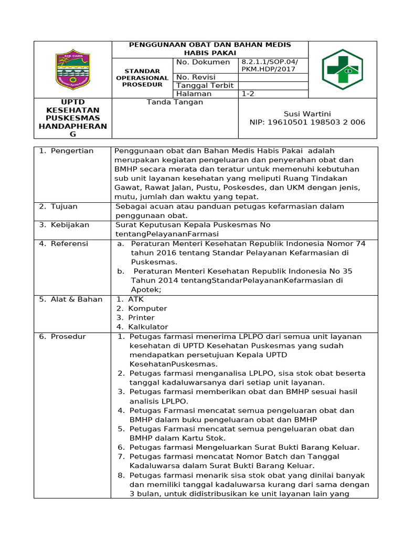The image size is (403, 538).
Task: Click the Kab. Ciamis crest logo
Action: click(x=73, y=69)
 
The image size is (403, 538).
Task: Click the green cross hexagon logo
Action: click(x=342, y=69)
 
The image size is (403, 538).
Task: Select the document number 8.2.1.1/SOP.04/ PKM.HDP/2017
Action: click(x=268, y=66)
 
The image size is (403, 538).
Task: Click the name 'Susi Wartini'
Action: click(x=307, y=114)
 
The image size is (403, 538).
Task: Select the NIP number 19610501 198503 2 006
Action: click(x=307, y=122)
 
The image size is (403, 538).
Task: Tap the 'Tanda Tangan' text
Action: click(x=175, y=102)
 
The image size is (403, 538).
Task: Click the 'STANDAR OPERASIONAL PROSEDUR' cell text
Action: click(x=142, y=78)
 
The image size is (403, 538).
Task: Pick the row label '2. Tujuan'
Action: click(x=58, y=206)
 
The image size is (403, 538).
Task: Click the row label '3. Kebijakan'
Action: click(x=64, y=225)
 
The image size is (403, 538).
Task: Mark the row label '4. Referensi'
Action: click(x=63, y=244)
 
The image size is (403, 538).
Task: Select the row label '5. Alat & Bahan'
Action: click(x=71, y=299)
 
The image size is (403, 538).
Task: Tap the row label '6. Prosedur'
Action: click(x=62, y=337)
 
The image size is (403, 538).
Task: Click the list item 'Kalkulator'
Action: click(x=147, y=327)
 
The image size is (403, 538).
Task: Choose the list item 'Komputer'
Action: click(x=147, y=308)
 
